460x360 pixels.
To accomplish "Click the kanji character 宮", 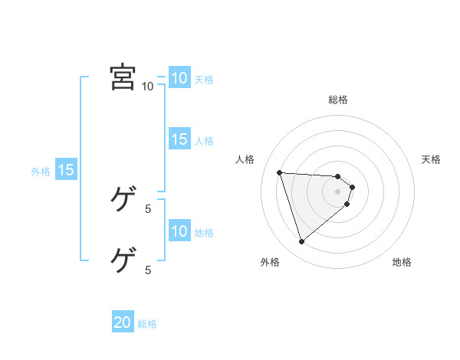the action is point(123,77).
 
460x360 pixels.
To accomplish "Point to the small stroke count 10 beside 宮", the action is point(147,86).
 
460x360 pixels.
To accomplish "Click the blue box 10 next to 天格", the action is point(179,78).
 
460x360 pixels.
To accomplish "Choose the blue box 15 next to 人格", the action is point(179,139).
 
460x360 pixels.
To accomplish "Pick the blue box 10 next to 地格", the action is point(179,231).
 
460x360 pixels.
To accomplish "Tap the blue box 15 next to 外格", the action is point(65,170).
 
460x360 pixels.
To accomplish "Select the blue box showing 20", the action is point(123,322).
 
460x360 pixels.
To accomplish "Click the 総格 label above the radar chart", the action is point(338,100).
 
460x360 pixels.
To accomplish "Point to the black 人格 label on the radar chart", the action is point(245,159).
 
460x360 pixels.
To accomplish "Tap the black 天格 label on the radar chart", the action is point(431,159).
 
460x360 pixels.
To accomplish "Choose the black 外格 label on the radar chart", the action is point(270,262).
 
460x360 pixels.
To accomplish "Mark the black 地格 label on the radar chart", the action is point(402,262).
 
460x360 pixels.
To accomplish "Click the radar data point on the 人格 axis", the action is point(280,172).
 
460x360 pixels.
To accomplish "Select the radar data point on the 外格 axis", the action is point(302,242).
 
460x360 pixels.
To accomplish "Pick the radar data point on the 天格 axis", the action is point(353,186).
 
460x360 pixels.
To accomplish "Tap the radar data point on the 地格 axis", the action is point(347,204).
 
